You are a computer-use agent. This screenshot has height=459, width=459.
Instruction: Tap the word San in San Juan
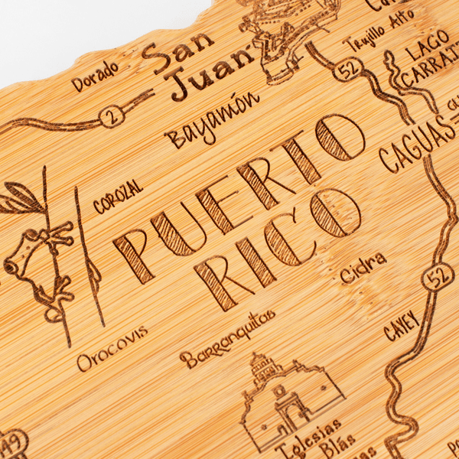(x=177, y=52)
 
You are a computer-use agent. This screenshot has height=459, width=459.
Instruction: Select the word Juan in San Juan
(x=212, y=73)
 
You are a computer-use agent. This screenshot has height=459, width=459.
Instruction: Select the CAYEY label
(x=402, y=325)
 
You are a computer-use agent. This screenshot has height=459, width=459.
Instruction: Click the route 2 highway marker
(x=112, y=116)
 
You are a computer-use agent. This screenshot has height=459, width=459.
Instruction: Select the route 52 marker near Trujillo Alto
(x=349, y=69)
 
